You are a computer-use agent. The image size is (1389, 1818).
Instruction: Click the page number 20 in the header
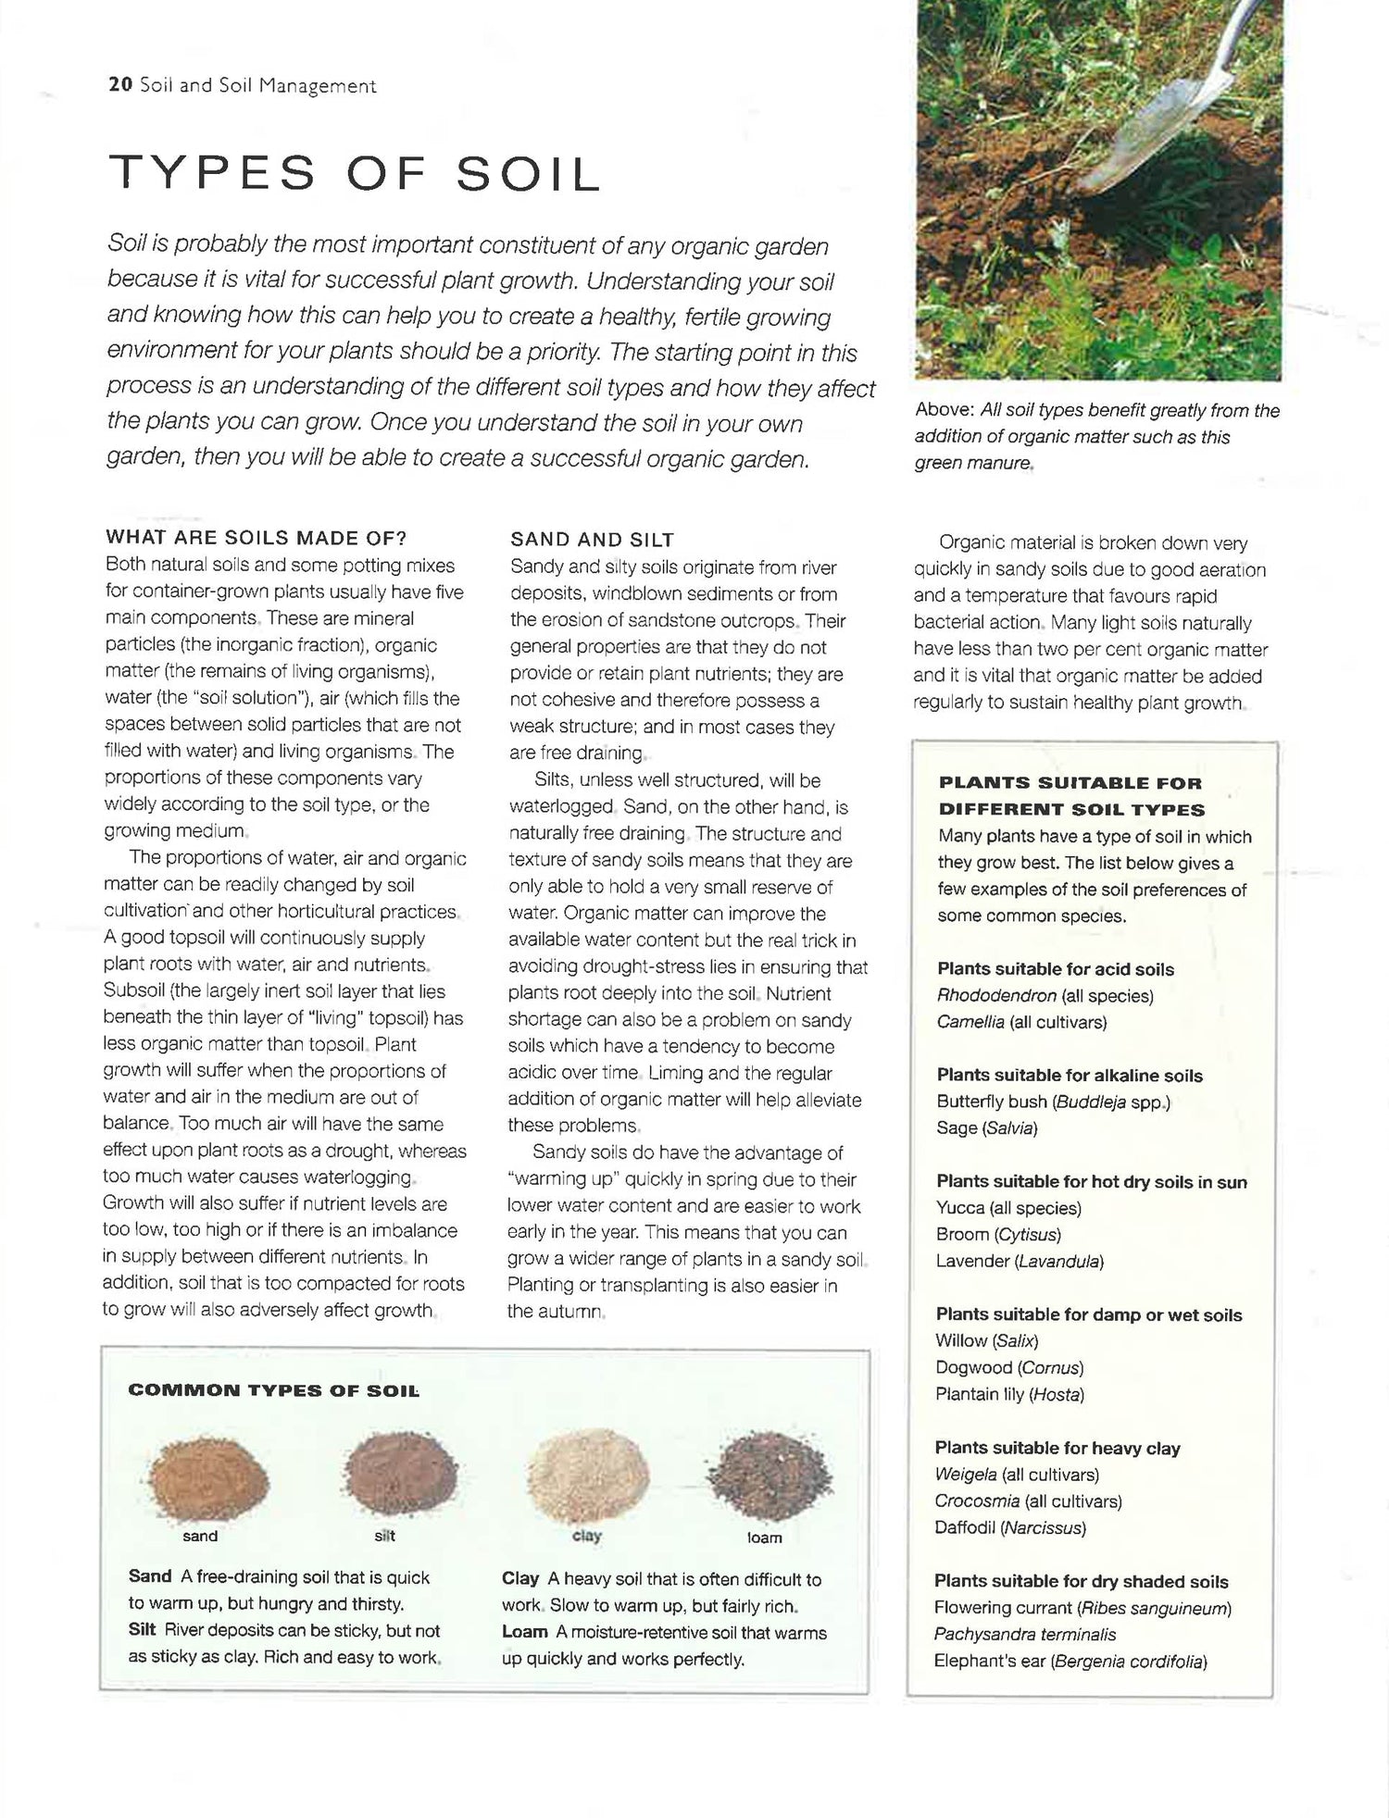(120, 85)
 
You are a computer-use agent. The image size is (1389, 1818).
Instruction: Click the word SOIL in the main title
(529, 174)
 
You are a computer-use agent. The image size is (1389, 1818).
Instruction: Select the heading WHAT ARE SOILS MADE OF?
(257, 538)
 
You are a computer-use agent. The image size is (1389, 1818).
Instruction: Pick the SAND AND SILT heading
(592, 540)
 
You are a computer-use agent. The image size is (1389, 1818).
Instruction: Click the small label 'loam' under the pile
(765, 1538)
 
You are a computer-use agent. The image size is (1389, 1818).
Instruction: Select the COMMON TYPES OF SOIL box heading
(273, 1390)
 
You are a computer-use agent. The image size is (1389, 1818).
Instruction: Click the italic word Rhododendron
(996, 996)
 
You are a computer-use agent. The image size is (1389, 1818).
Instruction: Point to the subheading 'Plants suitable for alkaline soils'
(1070, 1076)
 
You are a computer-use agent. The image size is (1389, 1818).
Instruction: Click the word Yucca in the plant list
(959, 1208)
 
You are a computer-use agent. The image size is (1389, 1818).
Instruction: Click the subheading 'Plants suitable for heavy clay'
(1057, 1448)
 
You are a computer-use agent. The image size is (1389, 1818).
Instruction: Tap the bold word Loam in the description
(525, 1632)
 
